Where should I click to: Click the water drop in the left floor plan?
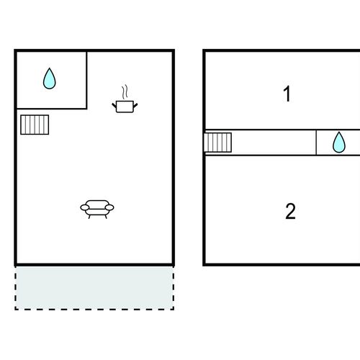coord(50,78)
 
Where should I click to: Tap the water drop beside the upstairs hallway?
coord(339,143)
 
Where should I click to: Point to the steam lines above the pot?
coord(125,92)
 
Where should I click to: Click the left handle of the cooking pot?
coord(114,105)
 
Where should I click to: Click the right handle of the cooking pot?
coord(135,105)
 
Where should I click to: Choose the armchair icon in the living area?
coord(97,209)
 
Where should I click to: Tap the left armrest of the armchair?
coord(85,207)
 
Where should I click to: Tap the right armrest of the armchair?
coord(109,207)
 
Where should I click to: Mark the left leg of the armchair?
coord(89,217)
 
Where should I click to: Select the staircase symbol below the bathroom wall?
coord(35,125)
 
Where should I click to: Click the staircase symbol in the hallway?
coord(217,143)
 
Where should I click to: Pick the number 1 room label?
coord(287,94)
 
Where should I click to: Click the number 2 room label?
coord(290,211)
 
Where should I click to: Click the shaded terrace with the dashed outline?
coord(94,287)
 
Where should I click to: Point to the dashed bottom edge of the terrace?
coord(94,309)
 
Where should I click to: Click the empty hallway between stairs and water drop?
coord(274,143)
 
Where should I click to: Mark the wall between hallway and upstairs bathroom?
coord(316,143)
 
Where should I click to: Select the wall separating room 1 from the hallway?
coord(282,130)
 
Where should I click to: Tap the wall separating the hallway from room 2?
coord(282,156)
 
